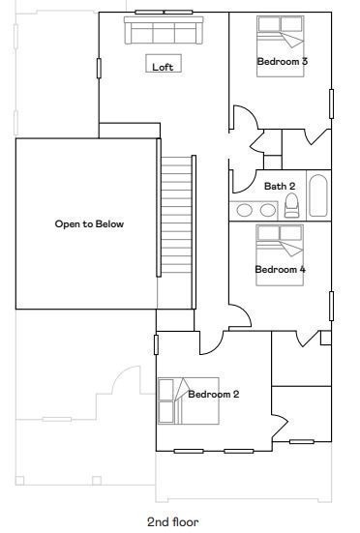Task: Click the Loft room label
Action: tap(163, 67)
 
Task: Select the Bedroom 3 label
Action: tap(282, 61)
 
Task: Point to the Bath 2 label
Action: tap(280, 186)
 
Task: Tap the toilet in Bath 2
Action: tap(291, 206)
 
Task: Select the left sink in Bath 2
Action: tap(245, 209)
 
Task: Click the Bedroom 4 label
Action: tap(280, 269)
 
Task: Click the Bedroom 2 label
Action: tap(214, 394)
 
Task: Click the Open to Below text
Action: tap(89, 223)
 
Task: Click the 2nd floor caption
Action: tap(173, 521)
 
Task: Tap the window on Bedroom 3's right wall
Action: tap(331, 103)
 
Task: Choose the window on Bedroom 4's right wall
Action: tap(331, 305)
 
